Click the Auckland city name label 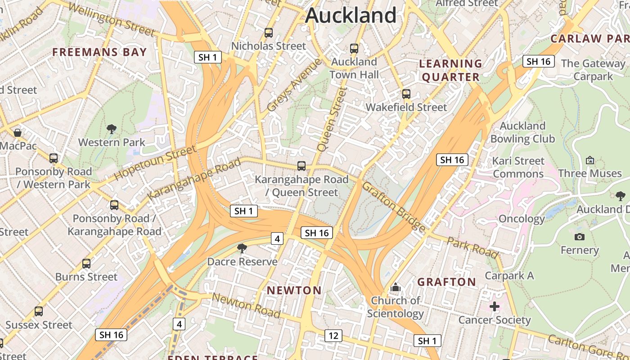[351, 16]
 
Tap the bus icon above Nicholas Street [269, 33]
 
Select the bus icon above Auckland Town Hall [354, 49]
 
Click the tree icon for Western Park [112, 130]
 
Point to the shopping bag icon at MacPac [18, 133]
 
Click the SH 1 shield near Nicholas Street [208, 57]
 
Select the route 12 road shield [333, 335]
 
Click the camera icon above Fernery [580, 237]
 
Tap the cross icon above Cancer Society [495, 307]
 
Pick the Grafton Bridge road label [394, 207]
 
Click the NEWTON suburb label [294, 290]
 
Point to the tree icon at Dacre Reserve [242, 248]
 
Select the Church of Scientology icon [396, 287]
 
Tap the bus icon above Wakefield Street [406, 94]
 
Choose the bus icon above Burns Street [86, 264]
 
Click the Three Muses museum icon [590, 160]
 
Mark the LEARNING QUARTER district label [450, 70]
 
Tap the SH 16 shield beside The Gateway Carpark [538, 62]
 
